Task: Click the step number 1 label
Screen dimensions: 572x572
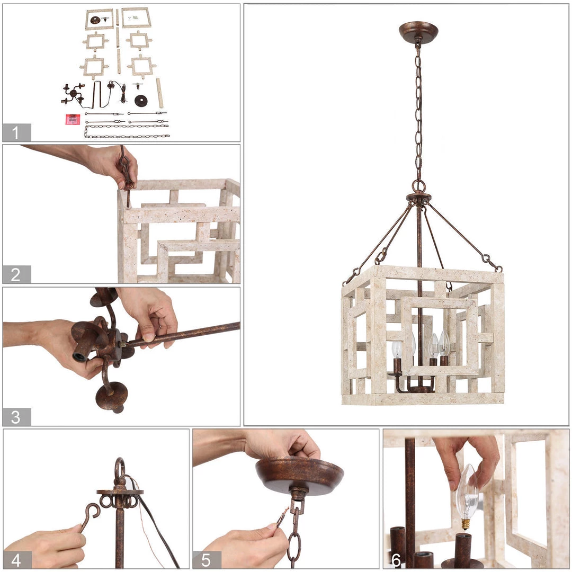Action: click(x=15, y=132)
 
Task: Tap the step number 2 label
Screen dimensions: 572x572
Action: click(x=16, y=274)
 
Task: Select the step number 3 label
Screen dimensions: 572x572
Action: click(x=16, y=417)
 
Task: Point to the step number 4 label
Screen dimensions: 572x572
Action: click(x=16, y=560)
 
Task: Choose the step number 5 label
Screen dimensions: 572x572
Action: click(x=206, y=560)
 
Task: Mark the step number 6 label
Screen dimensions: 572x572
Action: click(x=396, y=560)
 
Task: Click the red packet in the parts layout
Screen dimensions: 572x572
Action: click(x=73, y=119)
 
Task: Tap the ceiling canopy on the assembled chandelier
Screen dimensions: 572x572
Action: click(x=418, y=32)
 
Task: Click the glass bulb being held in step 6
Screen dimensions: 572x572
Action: click(x=467, y=493)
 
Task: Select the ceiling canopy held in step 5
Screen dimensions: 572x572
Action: click(x=299, y=474)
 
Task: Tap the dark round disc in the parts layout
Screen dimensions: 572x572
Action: click(x=141, y=100)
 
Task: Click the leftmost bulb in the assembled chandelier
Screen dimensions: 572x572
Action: click(x=397, y=349)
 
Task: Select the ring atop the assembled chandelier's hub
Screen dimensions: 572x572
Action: click(x=419, y=186)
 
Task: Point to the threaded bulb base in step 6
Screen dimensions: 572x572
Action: click(x=466, y=524)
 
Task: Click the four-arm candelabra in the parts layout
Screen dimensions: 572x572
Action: click(x=73, y=94)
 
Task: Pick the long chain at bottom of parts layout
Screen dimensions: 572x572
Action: click(x=127, y=131)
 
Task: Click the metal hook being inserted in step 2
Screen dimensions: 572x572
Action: click(x=126, y=175)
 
